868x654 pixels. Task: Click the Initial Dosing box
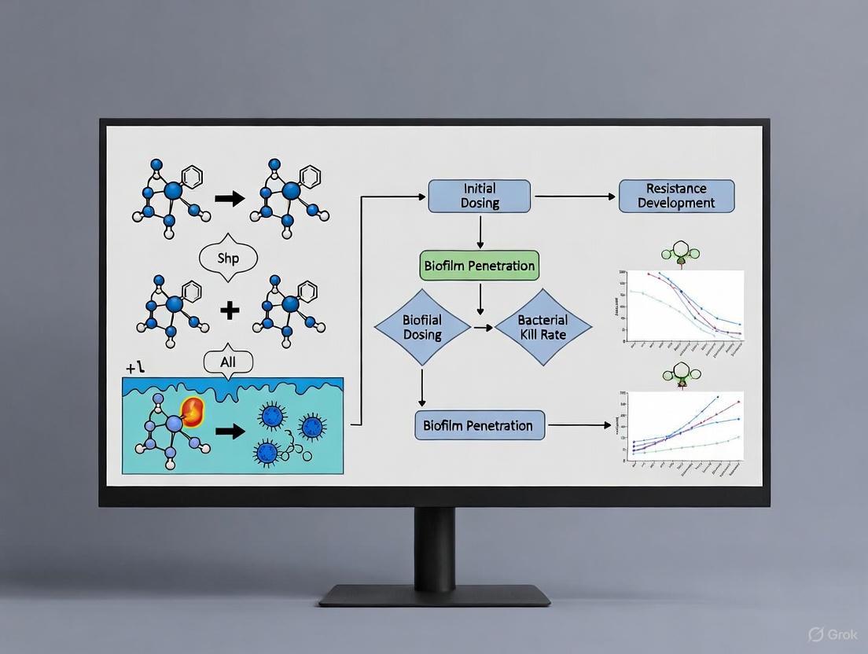pyautogui.click(x=479, y=196)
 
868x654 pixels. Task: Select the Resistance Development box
pyautogui.click(x=676, y=196)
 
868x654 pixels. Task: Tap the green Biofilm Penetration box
pyautogui.click(x=480, y=266)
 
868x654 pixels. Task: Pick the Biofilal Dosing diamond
pyautogui.click(x=422, y=327)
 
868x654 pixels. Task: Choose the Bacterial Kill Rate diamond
pyautogui.click(x=542, y=327)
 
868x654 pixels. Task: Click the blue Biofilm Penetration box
pyautogui.click(x=479, y=425)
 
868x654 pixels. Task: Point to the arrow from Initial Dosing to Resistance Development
pyautogui.click(x=573, y=197)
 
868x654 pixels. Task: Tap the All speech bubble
pyautogui.click(x=229, y=362)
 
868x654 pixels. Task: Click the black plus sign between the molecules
pyautogui.click(x=230, y=310)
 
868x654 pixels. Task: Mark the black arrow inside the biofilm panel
pyautogui.click(x=230, y=432)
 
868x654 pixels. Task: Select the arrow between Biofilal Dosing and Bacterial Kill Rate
pyautogui.click(x=482, y=327)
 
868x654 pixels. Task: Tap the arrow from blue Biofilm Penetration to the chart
pyautogui.click(x=579, y=425)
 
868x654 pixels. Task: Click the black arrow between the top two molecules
pyautogui.click(x=230, y=199)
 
